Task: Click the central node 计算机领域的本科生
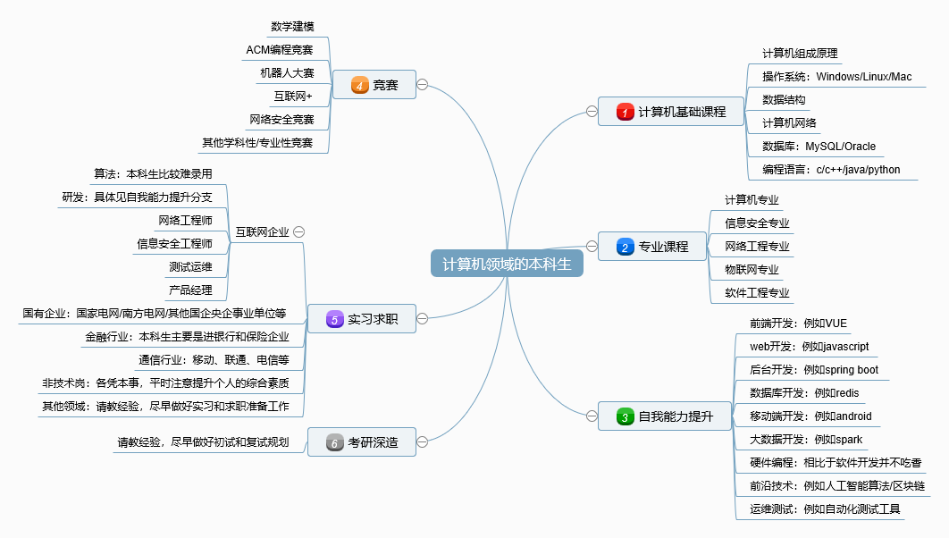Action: point(507,264)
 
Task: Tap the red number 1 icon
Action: point(626,112)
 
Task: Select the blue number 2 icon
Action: point(626,247)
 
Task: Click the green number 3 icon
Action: point(626,416)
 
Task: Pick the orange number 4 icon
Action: point(360,86)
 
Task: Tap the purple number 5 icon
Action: point(334,319)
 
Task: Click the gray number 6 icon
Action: point(334,442)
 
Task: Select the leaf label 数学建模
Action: point(292,27)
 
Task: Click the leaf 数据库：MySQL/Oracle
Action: point(819,147)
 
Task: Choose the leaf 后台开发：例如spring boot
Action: point(813,370)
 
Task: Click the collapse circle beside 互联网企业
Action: point(299,231)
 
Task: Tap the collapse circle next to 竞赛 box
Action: point(422,85)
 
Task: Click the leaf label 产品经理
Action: point(190,290)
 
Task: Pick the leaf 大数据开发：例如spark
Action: point(805,440)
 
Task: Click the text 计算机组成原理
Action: point(800,54)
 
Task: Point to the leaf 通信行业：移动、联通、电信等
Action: point(214,360)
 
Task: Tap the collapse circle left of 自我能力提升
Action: point(592,416)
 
